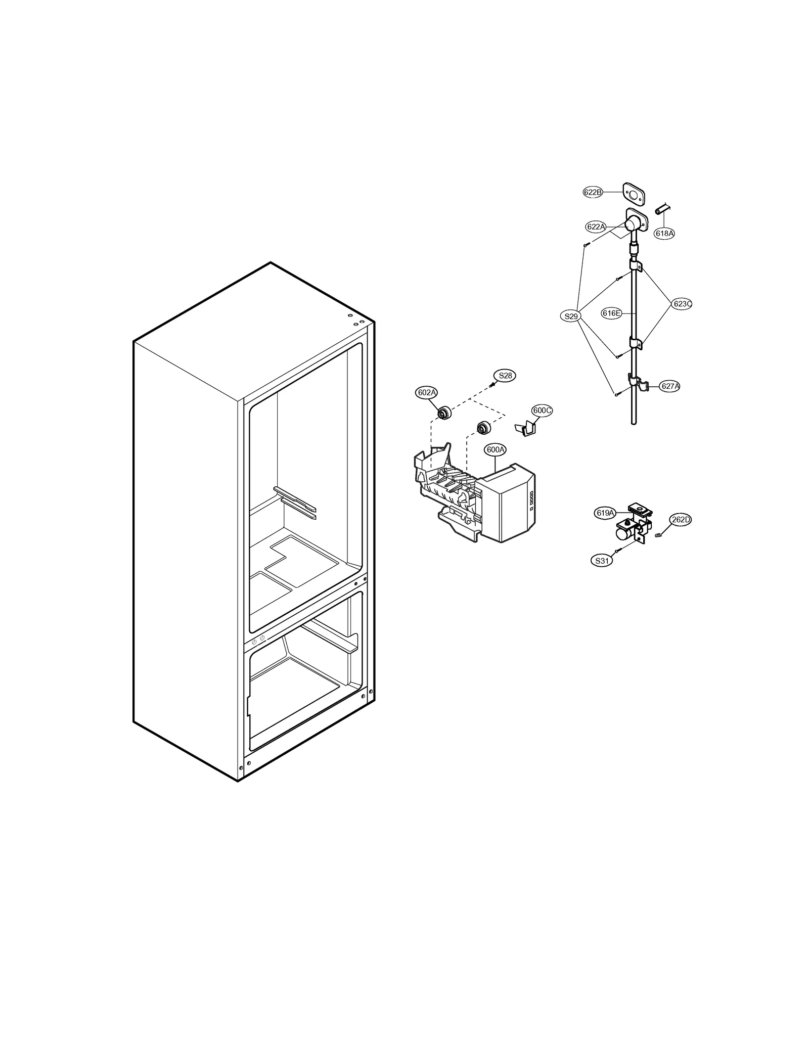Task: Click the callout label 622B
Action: click(x=593, y=192)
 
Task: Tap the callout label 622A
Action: click(x=596, y=226)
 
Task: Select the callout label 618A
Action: click(x=664, y=233)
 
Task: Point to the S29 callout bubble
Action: click(x=571, y=316)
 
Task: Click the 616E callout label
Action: click(x=611, y=313)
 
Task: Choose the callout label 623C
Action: click(x=682, y=304)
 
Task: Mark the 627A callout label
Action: click(x=670, y=386)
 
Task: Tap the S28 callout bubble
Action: click(x=505, y=376)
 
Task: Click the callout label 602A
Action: click(x=426, y=392)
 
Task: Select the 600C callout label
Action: click(x=542, y=411)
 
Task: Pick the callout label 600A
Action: click(x=495, y=449)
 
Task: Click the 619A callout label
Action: click(x=605, y=513)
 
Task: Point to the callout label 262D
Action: click(x=681, y=519)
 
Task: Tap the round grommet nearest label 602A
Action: click(x=444, y=413)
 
